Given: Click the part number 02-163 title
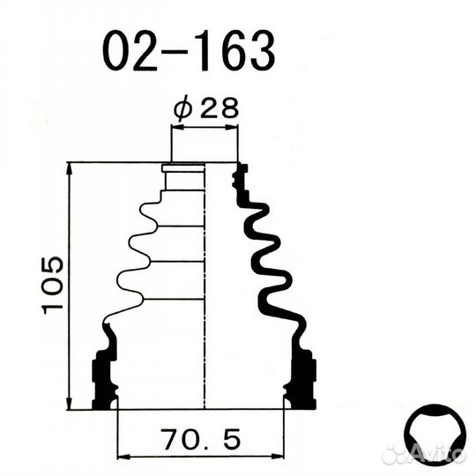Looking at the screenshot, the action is [189, 50].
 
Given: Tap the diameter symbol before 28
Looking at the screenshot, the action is [182, 108].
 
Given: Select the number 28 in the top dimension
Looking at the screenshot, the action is [219, 108].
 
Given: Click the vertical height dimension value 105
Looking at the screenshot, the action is [52, 285].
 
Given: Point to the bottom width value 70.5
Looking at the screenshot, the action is [202, 439].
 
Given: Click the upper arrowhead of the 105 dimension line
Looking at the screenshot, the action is [70, 168].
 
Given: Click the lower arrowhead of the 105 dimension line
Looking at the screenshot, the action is [70, 404].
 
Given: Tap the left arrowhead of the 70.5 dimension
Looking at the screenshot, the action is [123, 457].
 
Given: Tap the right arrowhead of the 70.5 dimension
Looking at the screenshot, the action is [278, 457].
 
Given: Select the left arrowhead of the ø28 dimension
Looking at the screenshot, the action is [177, 127].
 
